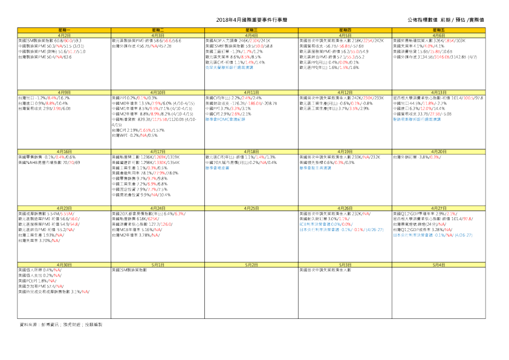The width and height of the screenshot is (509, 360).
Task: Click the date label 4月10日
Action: coord(158,92)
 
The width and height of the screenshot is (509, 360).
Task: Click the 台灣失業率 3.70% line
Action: coord(39,240)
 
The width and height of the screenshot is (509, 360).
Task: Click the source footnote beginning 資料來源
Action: coord(61,325)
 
